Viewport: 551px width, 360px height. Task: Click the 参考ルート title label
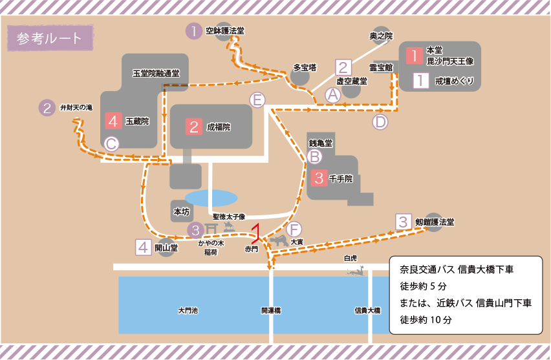(50, 38)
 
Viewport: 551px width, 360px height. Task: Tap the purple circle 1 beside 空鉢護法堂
(193, 31)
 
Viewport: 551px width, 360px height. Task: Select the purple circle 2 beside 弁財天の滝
(47, 107)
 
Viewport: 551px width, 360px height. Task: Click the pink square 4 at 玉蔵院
(114, 121)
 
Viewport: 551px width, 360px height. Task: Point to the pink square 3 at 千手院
(318, 178)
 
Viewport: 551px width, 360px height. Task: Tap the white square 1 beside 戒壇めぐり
(421, 81)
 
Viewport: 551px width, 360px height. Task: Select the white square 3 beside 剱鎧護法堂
(404, 222)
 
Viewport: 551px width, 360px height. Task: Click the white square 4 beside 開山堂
(144, 247)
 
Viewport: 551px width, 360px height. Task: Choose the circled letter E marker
(258, 100)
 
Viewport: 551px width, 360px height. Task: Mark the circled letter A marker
(332, 95)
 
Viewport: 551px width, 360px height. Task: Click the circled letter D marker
(380, 122)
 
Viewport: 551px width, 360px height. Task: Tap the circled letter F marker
(294, 229)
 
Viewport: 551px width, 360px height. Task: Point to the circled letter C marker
(112, 143)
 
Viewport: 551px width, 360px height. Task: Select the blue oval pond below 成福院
(211, 198)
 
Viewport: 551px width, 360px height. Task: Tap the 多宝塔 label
(305, 67)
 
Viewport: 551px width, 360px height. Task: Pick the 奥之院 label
(380, 36)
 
